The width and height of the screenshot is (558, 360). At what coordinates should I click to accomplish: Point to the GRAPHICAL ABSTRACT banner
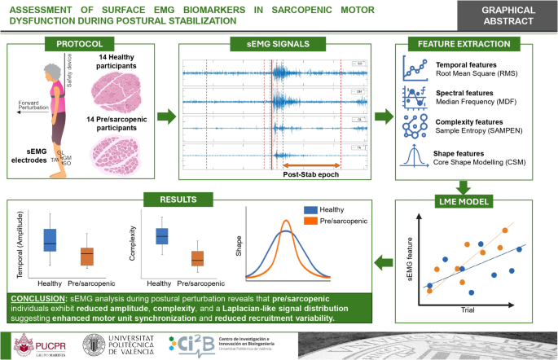point(510,12)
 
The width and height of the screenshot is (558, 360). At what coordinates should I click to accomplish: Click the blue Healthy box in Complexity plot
point(162,236)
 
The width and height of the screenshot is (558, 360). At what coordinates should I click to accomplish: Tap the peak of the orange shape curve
point(287,222)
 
